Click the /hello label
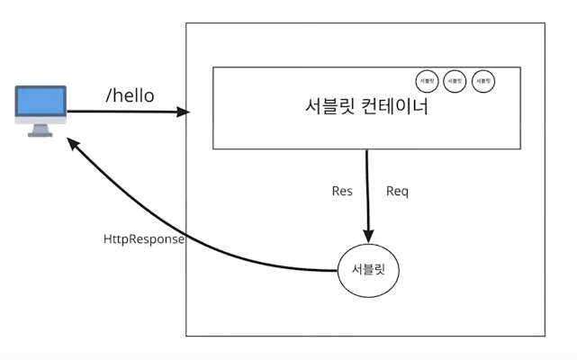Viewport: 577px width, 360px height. (x=130, y=94)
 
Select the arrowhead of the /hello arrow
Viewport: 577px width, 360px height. (x=184, y=112)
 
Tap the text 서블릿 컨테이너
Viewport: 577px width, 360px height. (x=366, y=107)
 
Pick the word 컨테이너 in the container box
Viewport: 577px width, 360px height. (x=397, y=107)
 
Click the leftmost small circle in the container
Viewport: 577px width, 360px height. (x=427, y=82)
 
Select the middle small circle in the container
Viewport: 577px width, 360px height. (x=455, y=82)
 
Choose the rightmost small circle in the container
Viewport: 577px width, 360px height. (x=484, y=82)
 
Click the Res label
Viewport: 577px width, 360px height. (x=341, y=191)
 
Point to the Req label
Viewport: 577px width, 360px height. (x=397, y=191)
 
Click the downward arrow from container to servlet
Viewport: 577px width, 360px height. (x=366, y=189)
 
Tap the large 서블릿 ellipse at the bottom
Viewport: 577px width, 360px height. (x=366, y=269)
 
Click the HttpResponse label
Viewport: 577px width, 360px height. (x=144, y=240)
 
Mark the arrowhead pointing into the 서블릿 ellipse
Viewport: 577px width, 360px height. (x=366, y=236)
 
